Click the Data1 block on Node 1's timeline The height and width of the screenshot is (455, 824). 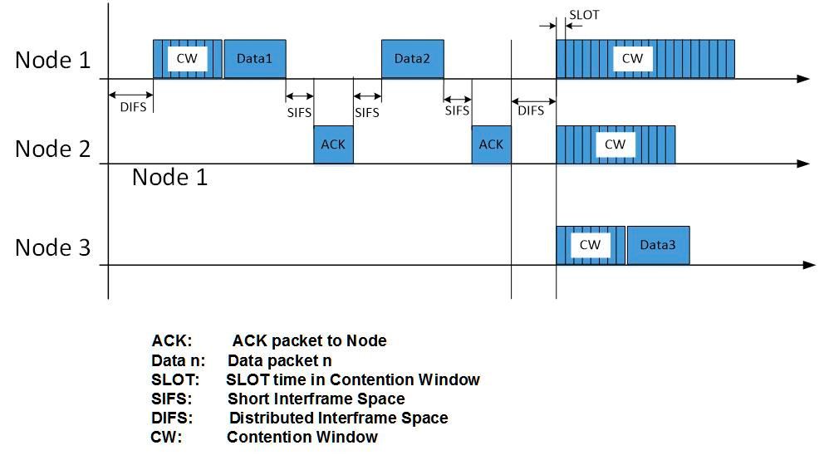[254, 59]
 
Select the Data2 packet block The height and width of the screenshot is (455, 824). [412, 59]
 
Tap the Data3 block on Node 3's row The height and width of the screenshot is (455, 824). [657, 245]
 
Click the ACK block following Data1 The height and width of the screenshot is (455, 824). [333, 144]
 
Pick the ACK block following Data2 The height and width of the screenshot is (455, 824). [491, 144]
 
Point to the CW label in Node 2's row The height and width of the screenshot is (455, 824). [615, 144]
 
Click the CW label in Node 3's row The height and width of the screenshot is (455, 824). [590, 245]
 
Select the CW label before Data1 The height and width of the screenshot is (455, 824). [187, 59]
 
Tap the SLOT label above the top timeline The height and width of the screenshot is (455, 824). [584, 15]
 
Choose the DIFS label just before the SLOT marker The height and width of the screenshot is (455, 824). [531, 110]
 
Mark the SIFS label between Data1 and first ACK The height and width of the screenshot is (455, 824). [299, 111]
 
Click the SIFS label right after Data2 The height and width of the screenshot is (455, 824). [457, 110]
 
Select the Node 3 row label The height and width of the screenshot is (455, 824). [53, 247]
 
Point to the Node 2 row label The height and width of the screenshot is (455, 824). [53, 149]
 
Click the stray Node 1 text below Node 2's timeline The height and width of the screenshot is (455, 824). [169, 177]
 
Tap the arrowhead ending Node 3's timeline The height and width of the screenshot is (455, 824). [810, 265]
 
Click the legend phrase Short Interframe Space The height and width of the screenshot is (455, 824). [316, 399]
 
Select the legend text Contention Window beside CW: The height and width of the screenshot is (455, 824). [302, 437]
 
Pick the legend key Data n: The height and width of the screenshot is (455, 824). [178, 361]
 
